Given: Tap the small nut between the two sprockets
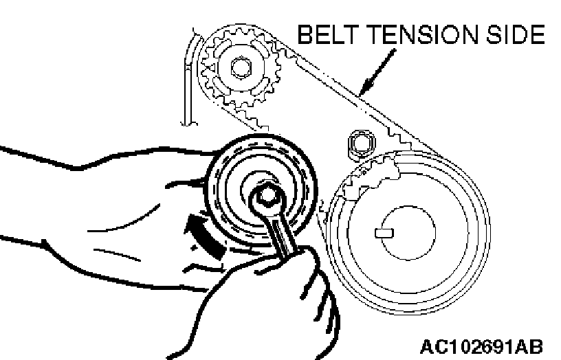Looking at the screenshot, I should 359,143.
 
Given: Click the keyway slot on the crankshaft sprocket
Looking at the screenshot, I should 384,232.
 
